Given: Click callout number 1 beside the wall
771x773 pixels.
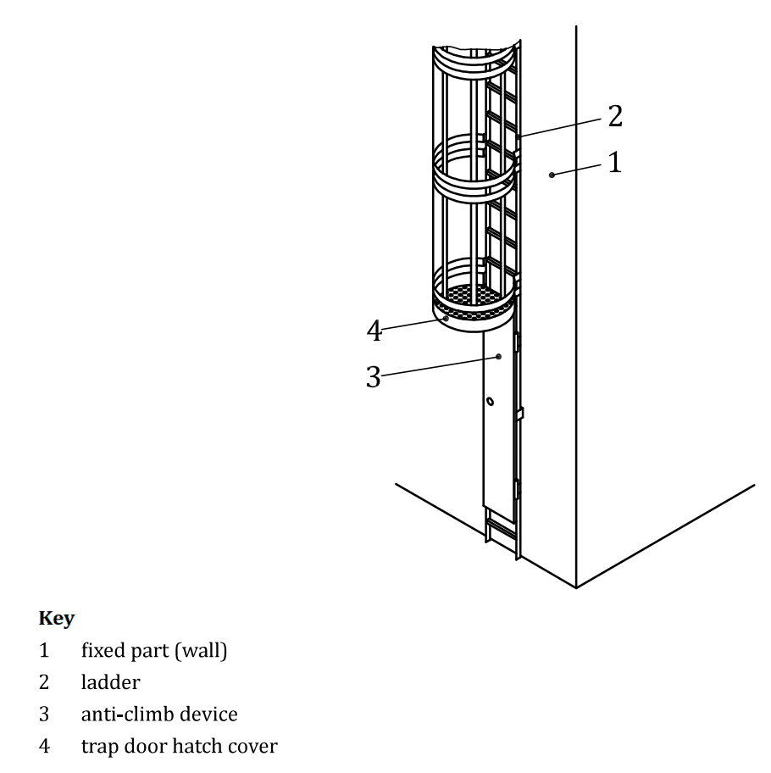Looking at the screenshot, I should (614, 161).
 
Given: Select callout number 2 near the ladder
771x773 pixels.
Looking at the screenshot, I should (614, 116).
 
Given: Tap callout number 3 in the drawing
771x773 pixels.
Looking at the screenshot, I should (373, 377).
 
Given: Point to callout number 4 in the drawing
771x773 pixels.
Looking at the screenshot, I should (374, 331).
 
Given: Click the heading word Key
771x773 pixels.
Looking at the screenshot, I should (56, 619).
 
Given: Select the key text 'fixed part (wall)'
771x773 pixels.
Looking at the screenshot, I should (153, 652).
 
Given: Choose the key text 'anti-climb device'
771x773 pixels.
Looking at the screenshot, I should (159, 714).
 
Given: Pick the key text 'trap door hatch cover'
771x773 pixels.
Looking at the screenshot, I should (179, 745).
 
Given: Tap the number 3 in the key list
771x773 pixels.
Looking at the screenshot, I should (44, 714).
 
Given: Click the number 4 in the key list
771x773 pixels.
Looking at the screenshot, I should (44, 745).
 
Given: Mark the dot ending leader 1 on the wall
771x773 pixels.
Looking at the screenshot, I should (552, 175).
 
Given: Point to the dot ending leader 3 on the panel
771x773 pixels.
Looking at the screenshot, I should (499, 357).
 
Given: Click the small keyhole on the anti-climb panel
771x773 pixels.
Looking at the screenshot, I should (491, 399).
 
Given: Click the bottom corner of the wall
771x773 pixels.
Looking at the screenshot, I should (577, 587).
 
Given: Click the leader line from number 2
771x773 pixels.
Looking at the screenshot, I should (563, 125).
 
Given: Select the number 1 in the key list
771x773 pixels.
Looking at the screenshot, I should (44, 652).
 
